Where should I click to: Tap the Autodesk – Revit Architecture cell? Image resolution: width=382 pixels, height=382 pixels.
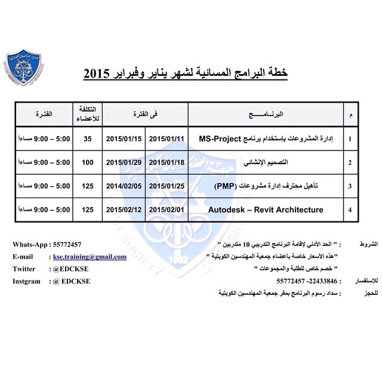266,210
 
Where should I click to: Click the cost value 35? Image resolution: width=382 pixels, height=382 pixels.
88,138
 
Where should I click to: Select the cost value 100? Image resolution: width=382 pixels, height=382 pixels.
88,162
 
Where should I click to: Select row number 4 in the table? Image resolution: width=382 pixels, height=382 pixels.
350,210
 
